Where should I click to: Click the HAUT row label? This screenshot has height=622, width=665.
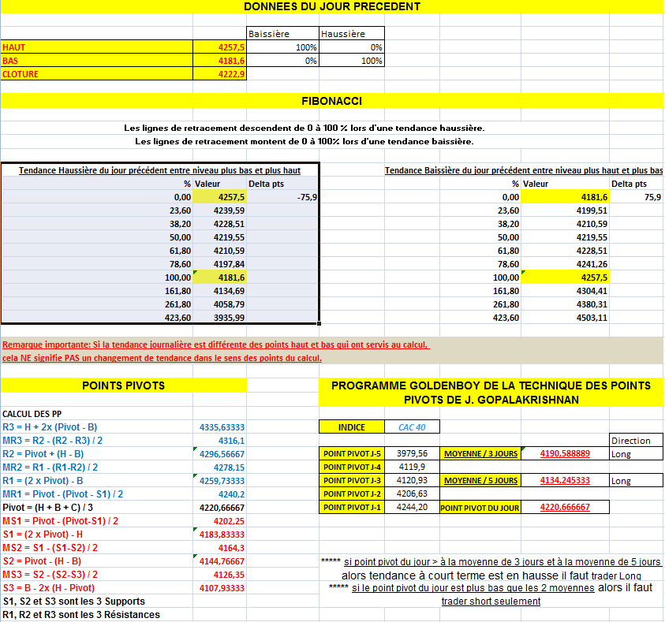click(x=14, y=47)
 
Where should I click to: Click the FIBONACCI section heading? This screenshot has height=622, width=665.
click(x=331, y=101)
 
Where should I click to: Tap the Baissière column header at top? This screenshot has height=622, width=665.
click(x=269, y=34)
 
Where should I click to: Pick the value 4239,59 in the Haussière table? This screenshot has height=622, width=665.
click(x=229, y=210)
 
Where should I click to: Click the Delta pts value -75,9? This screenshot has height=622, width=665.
click(x=307, y=197)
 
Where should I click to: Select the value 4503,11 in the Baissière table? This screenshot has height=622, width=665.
click(x=591, y=318)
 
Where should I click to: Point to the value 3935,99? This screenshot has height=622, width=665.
click(x=229, y=318)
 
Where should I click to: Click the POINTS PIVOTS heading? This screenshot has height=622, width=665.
click(x=123, y=385)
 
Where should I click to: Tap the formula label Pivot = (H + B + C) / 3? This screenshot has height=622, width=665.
click(x=47, y=507)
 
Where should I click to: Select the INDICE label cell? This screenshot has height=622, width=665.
click(x=351, y=427)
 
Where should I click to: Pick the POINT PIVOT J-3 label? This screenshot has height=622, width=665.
click(x=352, y=480)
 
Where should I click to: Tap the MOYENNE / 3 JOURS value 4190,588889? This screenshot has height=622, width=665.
click(x=564, y=454)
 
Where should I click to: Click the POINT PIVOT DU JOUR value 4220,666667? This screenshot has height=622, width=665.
click(x=564, y=508)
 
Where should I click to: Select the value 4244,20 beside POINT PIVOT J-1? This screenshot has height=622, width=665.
click(x=413, y=507)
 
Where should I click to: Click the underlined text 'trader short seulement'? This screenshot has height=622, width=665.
click(x=491, y=601)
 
